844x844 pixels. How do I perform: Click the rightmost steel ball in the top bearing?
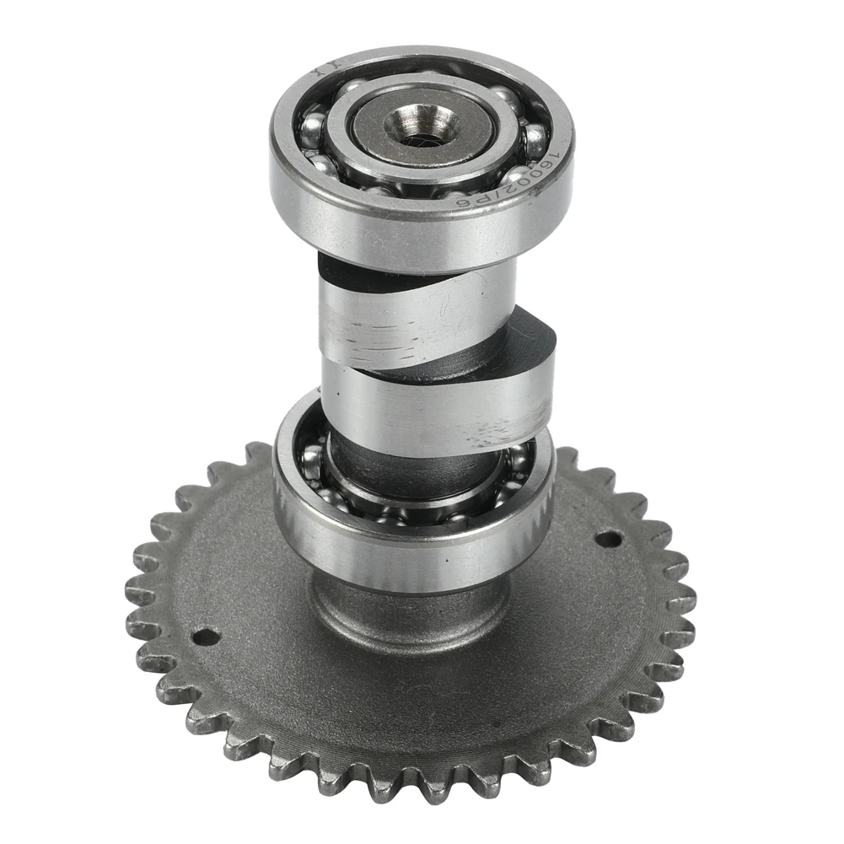(x=535, y=139)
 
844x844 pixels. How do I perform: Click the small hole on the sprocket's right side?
(x=607, y=537)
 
